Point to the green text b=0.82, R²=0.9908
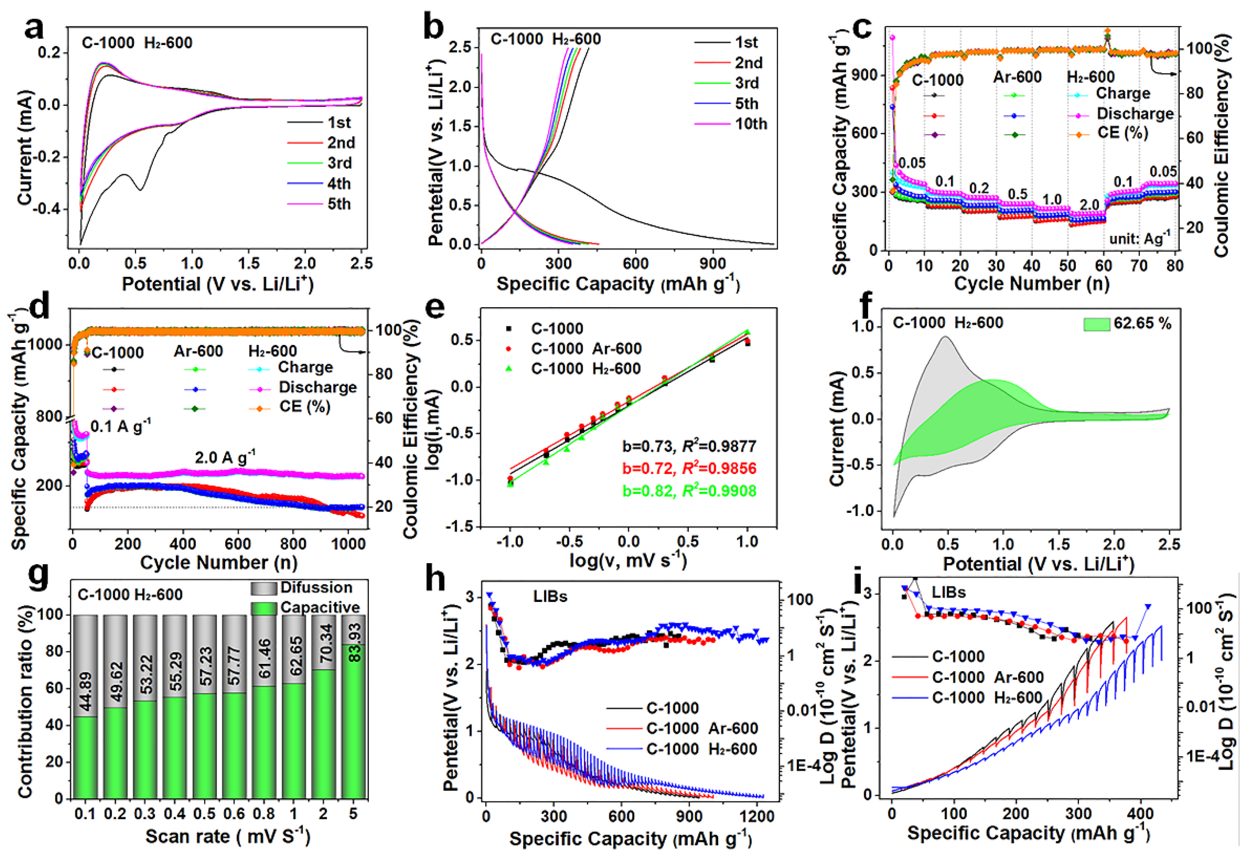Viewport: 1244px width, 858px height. (x=689, y=491)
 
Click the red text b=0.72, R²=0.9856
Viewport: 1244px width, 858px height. (x=689, y=468)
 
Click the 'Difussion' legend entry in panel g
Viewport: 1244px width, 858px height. (x=316, y=588)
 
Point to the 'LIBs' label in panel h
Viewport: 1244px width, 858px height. (x=550, y=596)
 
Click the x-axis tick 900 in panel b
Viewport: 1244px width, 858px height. (x=713, y=264)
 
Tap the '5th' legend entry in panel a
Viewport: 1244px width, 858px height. (x=339, y=204)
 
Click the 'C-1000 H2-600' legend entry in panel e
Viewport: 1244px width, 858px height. (x=586, y=369)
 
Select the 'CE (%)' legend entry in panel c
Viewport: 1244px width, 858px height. (x=1122, y=133)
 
